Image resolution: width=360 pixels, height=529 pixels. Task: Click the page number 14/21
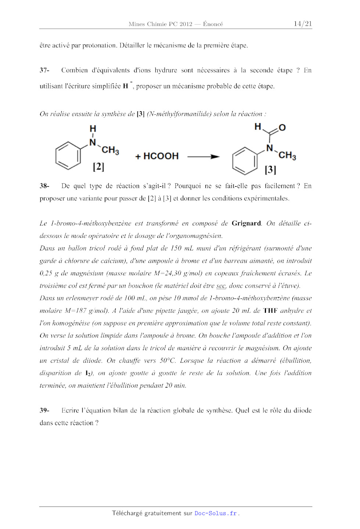(x=303, y=24)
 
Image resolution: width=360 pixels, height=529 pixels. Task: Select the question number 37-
(x=44, y=70)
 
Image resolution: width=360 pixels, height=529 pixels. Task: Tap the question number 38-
(x=44, y=186)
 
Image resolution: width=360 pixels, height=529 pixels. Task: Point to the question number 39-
(x=44, y=410)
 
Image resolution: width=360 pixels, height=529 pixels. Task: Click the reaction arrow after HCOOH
(x=203, y=157)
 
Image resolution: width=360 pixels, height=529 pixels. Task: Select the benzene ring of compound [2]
(x=68, y=155)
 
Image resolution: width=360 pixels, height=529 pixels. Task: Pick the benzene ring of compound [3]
(x=245, y=161)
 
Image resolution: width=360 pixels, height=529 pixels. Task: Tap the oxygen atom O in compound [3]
(x=282, y=128)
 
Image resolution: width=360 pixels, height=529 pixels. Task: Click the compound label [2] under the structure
(x=98, y=167)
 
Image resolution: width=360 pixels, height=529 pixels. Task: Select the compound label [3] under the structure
(x=270, y=170)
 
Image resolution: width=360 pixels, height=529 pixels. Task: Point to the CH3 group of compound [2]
(x=110, y=150)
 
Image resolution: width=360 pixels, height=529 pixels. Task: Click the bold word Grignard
(x=246, y=223)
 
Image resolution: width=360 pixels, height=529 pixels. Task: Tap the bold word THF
(x=270, y=311)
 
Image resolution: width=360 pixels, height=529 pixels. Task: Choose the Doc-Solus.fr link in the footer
(x=216, y=513)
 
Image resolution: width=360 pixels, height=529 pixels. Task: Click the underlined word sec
(x=221, y=286)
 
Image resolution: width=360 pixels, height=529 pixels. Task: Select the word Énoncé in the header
(x=213, y=24)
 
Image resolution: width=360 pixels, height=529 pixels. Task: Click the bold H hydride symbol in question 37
(x=126, y=86)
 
